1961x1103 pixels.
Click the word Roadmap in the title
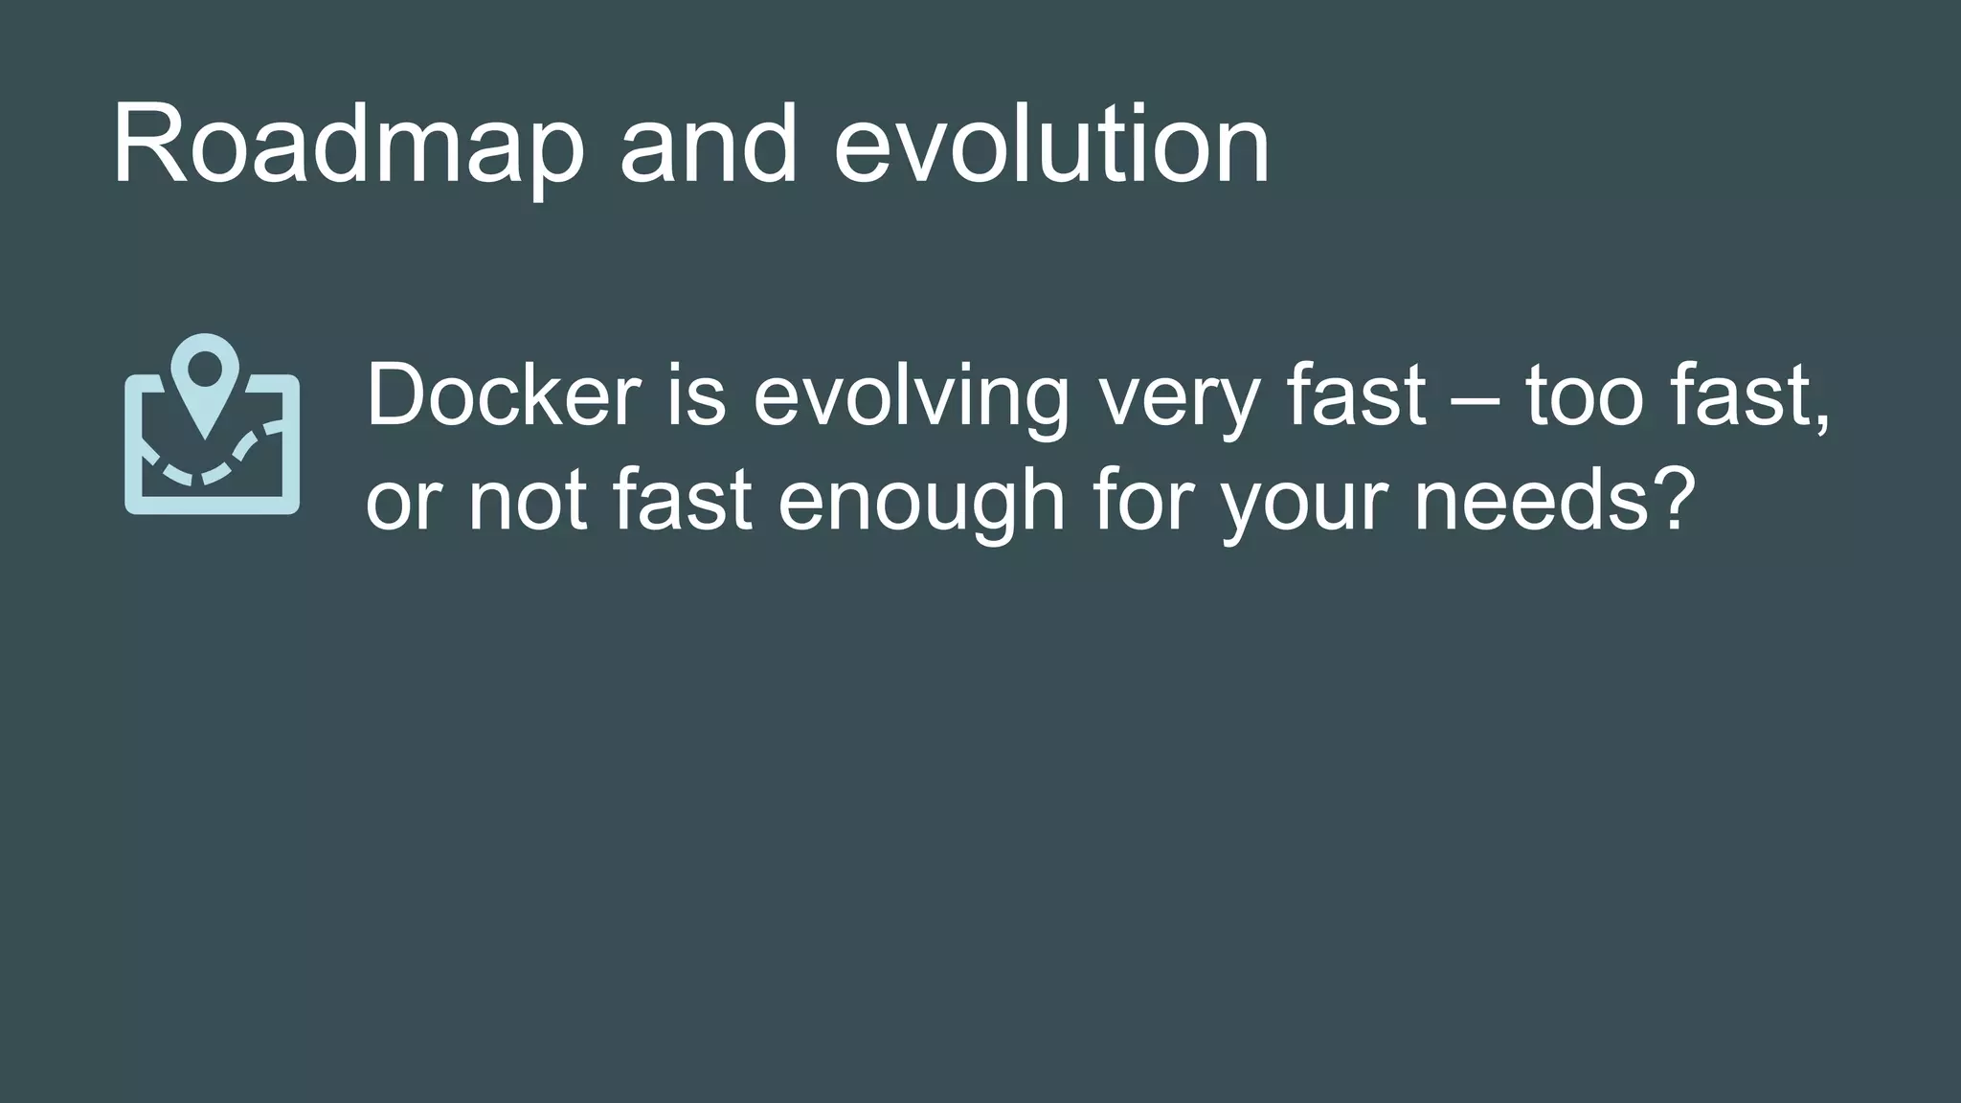[347, 146]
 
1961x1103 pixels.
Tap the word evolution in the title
[1050, 146]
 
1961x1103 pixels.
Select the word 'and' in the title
[708, 146]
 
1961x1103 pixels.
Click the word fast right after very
[1357, 394]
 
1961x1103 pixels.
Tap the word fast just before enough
[682, 500]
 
